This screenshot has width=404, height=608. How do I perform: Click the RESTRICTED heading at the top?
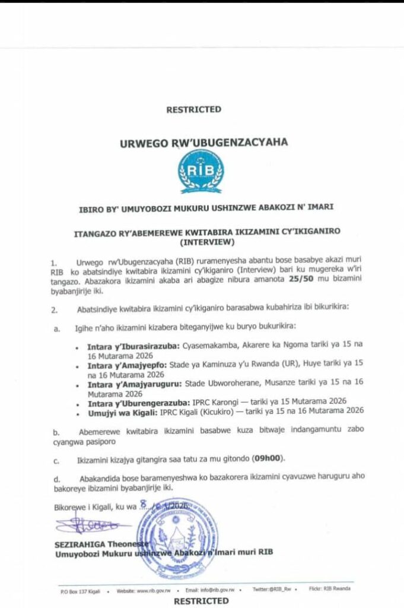(193, 109)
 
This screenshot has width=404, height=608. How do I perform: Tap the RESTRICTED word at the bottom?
(201, 600)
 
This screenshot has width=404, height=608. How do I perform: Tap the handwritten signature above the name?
(89, 525)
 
